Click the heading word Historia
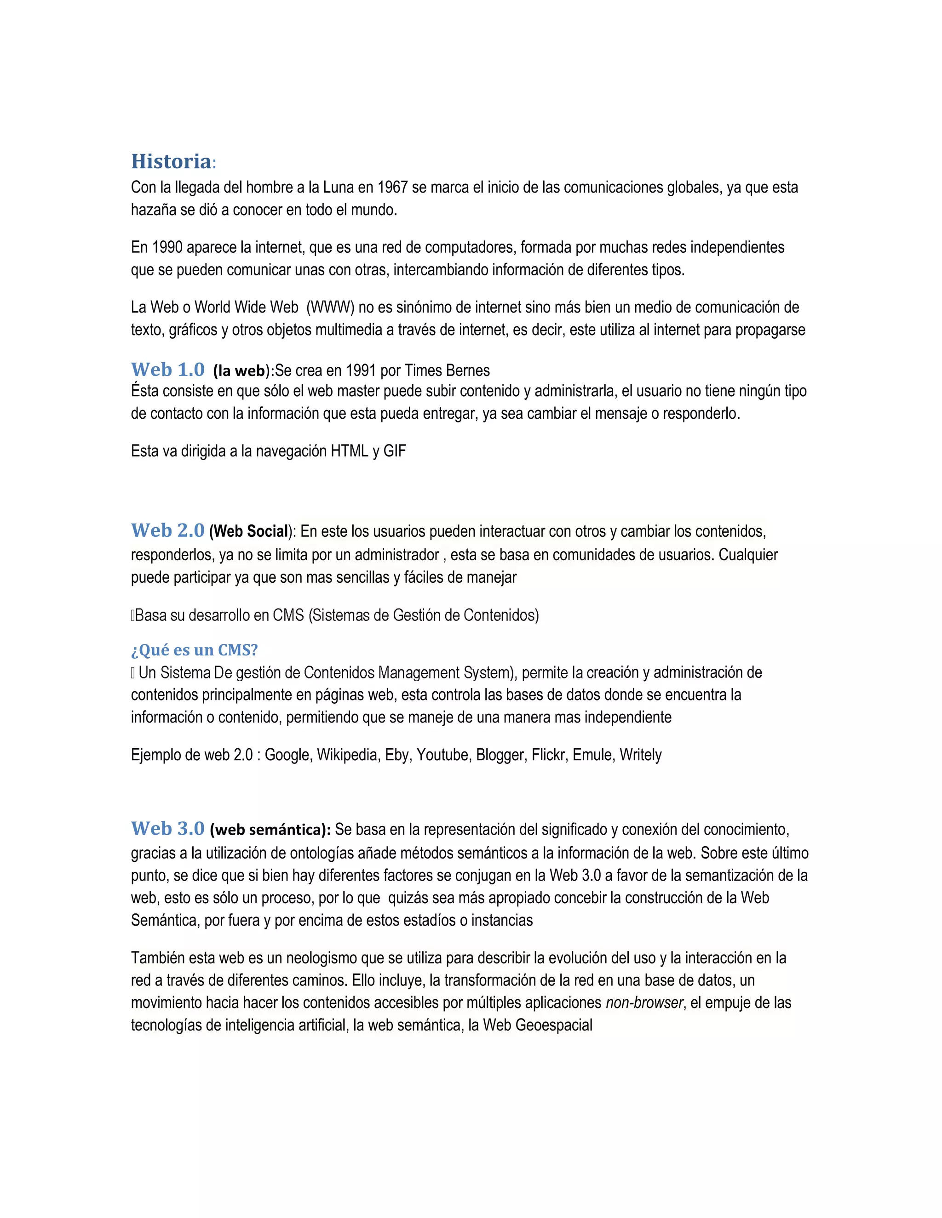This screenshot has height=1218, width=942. tap(171, 162)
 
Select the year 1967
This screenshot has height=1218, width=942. tap(392, 188)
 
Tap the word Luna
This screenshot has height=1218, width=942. tap(339, 188)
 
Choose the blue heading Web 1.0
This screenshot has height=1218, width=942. tap(167, 370)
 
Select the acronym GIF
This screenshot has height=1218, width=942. tap(395, 451)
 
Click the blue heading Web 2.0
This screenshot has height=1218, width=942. tap(167, 530)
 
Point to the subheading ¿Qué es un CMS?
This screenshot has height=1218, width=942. tap(194, 650)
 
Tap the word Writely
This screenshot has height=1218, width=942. tap(641, 755)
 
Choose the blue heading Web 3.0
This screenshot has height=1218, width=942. tap(167, 829)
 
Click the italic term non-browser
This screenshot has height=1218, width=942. tap(644, 1003)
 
